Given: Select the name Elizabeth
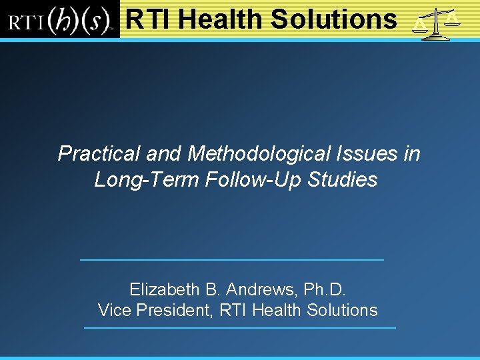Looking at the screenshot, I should pyautogui.click(x=164, y=290).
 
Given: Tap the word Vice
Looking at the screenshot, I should pyautogui.click(x=114, y=311).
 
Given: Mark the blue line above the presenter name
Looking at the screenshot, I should pyautogui.click(x=231, y=259).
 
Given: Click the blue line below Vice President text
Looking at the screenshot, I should pyautogui.click(x=239, y=328).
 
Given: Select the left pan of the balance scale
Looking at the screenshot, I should pyautogui.click(x=419, y=26).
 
